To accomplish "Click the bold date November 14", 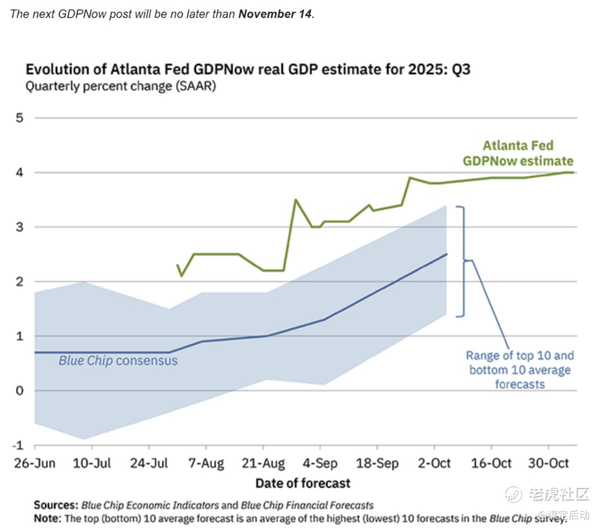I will pyautogui.click(x=275, y=14).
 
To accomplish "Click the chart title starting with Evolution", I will pyautogui.click(x=248, y=68).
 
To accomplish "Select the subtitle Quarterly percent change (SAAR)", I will pyautogui.click(x=120, y=86).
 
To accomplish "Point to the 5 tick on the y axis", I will pyautogui.click(x=19, y=118).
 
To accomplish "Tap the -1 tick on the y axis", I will pyautogui.click(x=18, y=445).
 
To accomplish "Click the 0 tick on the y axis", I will pyautogui.click(x=19, y=390).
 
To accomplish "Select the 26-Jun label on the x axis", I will pyautogui.click(x=34, y=463).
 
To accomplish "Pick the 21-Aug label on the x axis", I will pyautogui.click(x=263, y=463).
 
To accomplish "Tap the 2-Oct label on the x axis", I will pyautogui.click(x=434, y=463).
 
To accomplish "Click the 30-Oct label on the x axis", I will pyautogui.click(x=548, y=463).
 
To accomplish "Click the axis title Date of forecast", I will pyautogui.click(x=302, y=483).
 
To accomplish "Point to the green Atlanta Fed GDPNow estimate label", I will pyautogui.click(x=518, y=153).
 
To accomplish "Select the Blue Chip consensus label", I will pyautogui.click(x=118, y=360).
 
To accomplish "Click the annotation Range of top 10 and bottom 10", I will pyautogui.click(x=520, y=370).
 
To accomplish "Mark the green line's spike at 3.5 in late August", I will pyautogui.click(x=296, y=200).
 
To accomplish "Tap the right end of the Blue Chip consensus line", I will pyautogui.click(x=446, y=254).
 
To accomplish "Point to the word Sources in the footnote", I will pyautogui.click(x=55, y=505).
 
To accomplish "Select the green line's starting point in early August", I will pyautogui.click(x=177, y=265).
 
